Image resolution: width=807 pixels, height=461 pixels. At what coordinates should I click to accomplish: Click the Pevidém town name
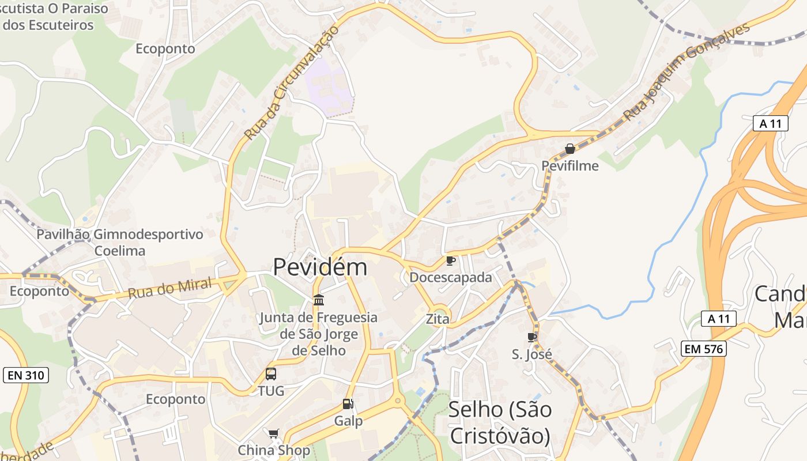coord(319,267)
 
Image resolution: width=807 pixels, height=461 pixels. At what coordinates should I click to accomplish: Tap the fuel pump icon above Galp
coord(348,404)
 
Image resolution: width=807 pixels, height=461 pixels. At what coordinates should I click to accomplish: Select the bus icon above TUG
coord(271,373)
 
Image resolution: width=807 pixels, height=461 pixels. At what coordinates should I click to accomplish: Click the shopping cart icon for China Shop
coord(274,433)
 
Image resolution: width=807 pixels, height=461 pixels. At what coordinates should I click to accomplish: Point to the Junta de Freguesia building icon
coord(318,300)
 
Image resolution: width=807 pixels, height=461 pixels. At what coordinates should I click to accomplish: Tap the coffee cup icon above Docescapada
coord(451,261)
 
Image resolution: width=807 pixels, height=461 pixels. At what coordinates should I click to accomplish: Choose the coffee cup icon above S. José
coord(532,337)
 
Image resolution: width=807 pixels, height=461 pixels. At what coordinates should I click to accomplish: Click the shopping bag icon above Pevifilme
coord(570,149)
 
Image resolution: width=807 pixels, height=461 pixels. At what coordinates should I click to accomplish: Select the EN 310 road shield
coord(26,376)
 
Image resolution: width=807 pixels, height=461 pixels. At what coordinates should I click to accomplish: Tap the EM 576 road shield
coord(703,348)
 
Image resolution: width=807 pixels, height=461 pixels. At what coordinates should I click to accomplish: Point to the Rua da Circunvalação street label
coord(290,84)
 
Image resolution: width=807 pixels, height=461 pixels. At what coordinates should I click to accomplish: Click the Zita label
coord(438,319)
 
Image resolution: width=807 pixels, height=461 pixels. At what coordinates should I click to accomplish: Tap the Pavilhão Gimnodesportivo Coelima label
coord(120,243)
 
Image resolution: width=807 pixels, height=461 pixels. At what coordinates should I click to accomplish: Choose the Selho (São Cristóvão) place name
coord(500,422)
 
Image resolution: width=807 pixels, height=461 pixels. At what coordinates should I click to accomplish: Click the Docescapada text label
coord(451,277)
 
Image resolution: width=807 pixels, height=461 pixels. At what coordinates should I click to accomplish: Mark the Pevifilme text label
coord(570,166)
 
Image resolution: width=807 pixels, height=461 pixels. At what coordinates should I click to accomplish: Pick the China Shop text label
coord(274,450)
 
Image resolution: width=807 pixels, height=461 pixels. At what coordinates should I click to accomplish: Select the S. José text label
coord(532,354)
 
